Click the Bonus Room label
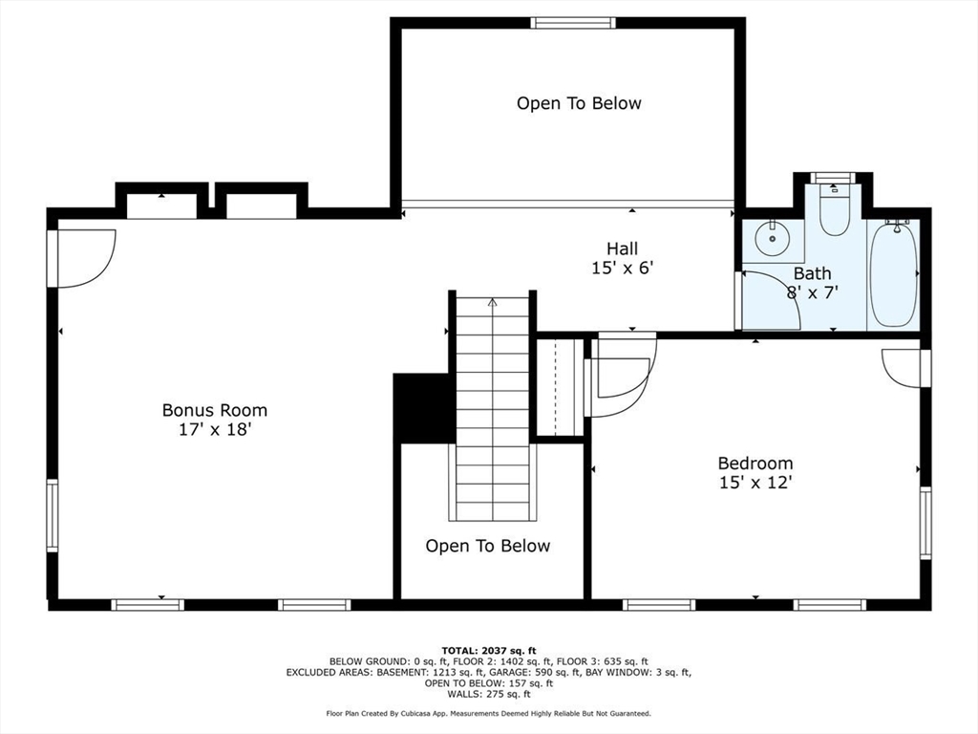pos(215,420)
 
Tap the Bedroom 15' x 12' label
pos(755,472)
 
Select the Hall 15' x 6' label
pos(622,258)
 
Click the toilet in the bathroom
pos(835,208)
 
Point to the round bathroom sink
pos(772,238)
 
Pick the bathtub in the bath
pos(894,274)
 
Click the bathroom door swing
pos(768,300)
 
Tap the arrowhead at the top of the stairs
pos(493,303)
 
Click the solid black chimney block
pos(423,408)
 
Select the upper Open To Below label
pos(579,103)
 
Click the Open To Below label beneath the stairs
pos(488,546)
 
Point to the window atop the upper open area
pos(573,23)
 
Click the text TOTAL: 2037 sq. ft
pos(489,650)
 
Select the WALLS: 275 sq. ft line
pos(489,694)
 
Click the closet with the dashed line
pos(560,388)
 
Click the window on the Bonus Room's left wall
pos(53,515)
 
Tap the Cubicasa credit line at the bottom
pos(488,713)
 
